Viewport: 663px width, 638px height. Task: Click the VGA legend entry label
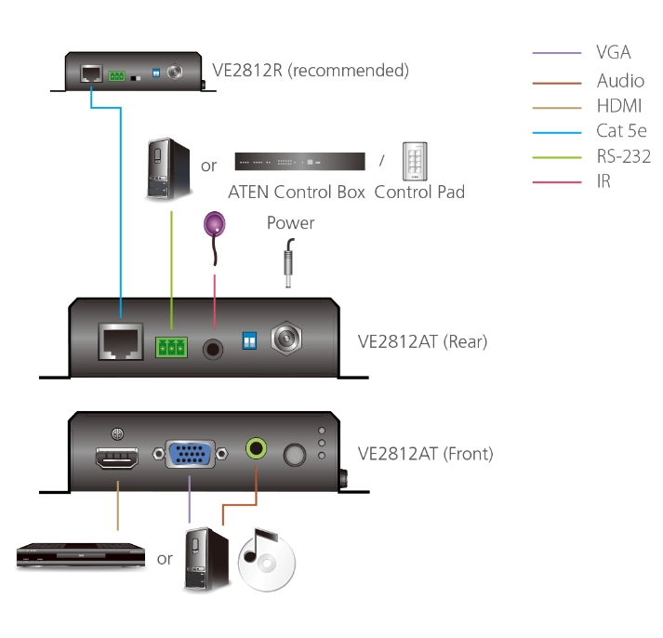point(613,53)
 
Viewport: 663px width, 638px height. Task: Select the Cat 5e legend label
point(622,131)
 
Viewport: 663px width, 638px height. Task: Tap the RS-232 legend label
point(623,156)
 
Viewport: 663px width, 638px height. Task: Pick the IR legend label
point(603,182)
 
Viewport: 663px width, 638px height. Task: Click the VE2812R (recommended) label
point(310,71)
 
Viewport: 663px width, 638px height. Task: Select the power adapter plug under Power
point(288,259)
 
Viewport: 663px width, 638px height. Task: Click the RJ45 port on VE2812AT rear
point(121,341)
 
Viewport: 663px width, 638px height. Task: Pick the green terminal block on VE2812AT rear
point(170,348)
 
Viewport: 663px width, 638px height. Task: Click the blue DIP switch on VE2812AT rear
point(247,341)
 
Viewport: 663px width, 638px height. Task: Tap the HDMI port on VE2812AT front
point(116,459)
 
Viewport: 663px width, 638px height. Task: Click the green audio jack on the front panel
point(256,449)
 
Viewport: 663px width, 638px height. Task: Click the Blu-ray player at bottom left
point(82,556)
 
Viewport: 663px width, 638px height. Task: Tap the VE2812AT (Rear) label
point(422,341)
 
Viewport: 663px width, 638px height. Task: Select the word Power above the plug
point(290,223)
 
